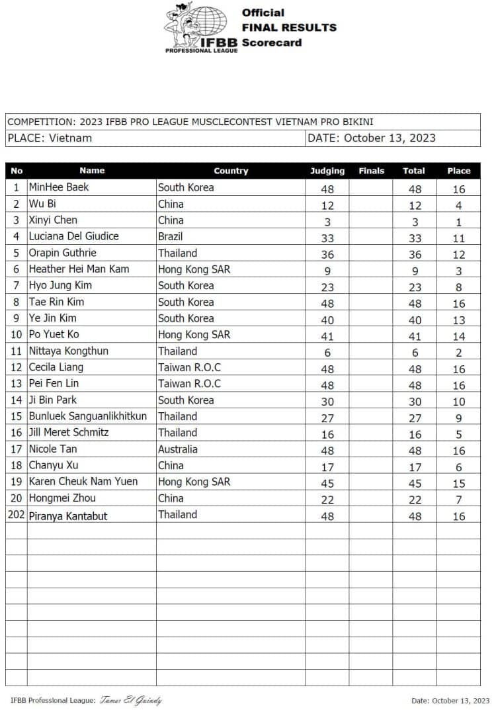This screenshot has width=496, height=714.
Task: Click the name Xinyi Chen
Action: [x=53, y=220]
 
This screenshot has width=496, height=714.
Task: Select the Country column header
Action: [x=231, y=171]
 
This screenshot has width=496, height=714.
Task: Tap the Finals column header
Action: [x=371, y=171]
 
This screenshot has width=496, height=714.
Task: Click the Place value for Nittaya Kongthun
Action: [x=458, y=353]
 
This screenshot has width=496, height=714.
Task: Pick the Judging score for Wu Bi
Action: [x=327, y=205]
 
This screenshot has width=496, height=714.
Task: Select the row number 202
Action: [x=17, y=515]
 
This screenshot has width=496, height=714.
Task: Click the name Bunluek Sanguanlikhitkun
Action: [x=88, y=416]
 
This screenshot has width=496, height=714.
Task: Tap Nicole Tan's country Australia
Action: [x=178, y=449]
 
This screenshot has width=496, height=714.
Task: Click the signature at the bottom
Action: [x=130, y=701]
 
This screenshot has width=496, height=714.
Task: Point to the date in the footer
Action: [x=450, y=701]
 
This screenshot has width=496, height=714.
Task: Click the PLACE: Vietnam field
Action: [x=50, y=138]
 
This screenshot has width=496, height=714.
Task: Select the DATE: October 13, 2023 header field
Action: [x=372, y=138]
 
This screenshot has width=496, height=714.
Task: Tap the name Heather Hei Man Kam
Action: [x=79, y=269]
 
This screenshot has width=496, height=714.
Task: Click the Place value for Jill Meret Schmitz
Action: [x=458, y=435]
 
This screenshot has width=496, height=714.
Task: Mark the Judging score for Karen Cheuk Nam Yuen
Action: [x=327, y=484]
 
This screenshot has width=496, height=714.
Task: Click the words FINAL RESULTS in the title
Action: [x=289, y=27]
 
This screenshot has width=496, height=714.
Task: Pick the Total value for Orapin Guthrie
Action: [x=414, y=255]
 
